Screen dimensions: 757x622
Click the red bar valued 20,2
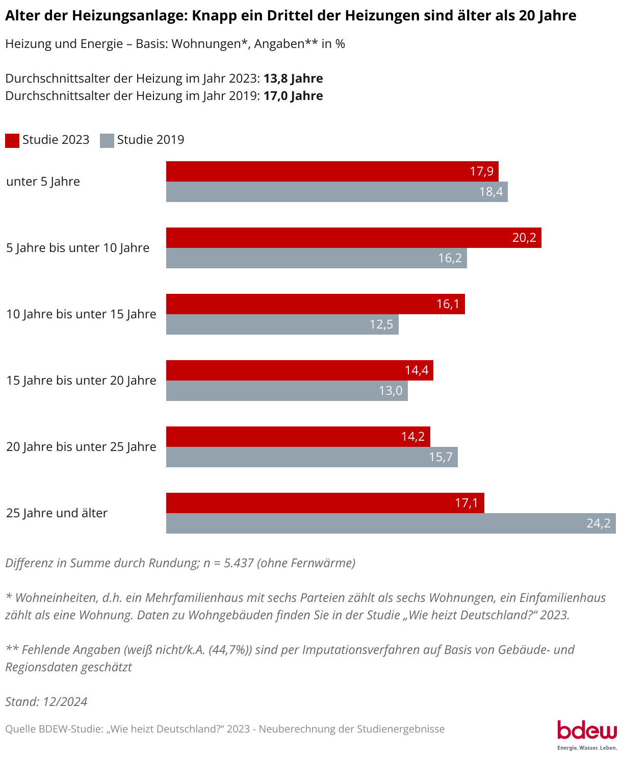(353, 238)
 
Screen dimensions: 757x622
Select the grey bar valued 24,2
(391, 523)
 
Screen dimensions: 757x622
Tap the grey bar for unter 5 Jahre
(336, 192)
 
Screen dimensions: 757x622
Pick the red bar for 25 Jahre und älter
(325, 503)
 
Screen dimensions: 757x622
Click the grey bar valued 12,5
(282, 324)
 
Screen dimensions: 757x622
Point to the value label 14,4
(417, 370)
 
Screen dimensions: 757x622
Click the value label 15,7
(440, 457)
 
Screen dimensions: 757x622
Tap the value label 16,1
(448, 304)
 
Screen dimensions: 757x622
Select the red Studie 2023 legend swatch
(12, 140)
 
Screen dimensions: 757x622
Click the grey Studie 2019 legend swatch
(107, 140)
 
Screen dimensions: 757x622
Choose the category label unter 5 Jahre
(43, 182)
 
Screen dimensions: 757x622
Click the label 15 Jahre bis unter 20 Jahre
(81, 381)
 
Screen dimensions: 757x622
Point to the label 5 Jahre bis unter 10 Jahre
(78, 248)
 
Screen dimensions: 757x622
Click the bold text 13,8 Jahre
(293, 79)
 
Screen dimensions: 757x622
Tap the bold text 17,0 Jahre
(293, 96)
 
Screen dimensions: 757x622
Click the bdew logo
(587, 733)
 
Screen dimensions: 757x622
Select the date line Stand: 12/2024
(46, 702)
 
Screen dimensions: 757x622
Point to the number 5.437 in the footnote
(239, 563)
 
